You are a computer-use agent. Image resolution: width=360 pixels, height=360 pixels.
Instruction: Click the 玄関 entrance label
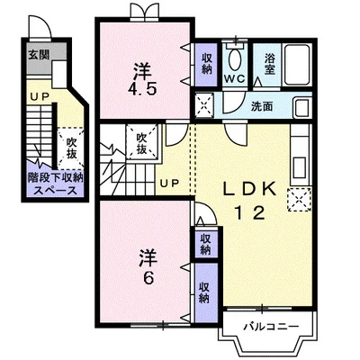[x=39, y=55]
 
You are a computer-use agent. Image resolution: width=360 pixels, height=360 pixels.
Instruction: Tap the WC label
[x=236, y=78]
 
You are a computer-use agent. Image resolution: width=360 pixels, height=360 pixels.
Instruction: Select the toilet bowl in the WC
[x=235, y=59]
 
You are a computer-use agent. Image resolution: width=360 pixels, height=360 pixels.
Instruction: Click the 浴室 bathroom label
[x=270, y=64]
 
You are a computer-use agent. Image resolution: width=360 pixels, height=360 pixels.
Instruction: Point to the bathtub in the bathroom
[x=297, y=65]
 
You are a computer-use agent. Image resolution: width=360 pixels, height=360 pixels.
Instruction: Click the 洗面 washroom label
[x=262, y=106]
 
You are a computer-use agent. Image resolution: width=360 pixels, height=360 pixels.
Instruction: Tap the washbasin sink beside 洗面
[x=302, y=108]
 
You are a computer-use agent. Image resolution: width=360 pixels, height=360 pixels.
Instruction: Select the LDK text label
[x=249, y=189]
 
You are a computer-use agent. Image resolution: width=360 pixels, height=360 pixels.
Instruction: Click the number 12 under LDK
[x=249, y=213]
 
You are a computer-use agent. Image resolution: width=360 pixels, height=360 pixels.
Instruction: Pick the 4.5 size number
[x=142, y=88]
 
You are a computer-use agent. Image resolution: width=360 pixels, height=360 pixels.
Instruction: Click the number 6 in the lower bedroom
[x=148, y=279]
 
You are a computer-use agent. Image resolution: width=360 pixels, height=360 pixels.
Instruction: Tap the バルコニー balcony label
[x=271, y=327]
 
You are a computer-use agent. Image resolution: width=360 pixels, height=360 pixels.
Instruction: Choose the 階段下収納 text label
[x=55, y=177]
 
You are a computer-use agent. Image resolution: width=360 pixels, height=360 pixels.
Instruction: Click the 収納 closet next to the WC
[x=206, y=64]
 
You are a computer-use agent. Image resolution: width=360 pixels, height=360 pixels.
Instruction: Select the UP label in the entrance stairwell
[x=40, y=96]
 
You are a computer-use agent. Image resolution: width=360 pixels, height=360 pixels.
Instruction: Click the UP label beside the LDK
[x=169, y=183]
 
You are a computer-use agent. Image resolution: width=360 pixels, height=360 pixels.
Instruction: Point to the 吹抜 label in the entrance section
[x=71, y=148]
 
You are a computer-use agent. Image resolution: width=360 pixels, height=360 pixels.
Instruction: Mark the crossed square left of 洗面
[x=204, y=104]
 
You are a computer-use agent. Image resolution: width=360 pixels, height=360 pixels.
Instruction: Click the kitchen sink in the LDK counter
[x=300, y=167]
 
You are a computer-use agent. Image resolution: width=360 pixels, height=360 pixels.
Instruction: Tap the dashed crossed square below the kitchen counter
[x=299, y=200]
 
